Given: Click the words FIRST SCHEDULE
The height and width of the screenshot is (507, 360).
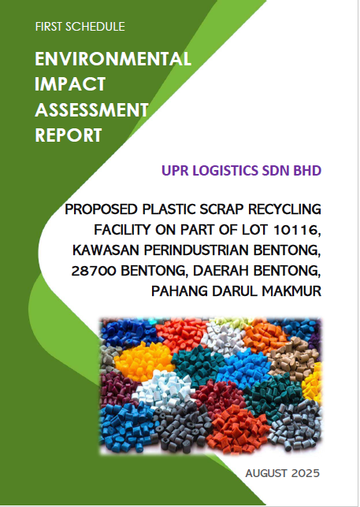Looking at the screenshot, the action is click(80, 27).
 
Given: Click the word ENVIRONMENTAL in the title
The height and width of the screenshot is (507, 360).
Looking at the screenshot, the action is click(113, 59).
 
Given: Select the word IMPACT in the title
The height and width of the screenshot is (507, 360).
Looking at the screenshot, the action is click(70, 84).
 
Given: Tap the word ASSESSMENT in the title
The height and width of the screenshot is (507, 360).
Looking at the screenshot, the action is click(91, 110).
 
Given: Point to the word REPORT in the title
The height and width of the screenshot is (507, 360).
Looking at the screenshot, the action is click(69, 135).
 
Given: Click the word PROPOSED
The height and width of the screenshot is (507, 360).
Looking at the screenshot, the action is click(101, 209).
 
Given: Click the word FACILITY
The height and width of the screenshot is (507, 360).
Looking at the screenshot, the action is click(123, 230).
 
